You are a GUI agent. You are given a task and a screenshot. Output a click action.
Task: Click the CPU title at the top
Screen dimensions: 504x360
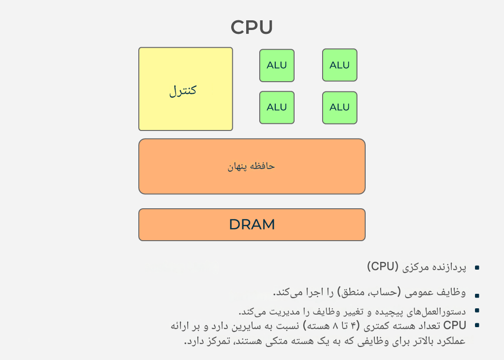point(252,27)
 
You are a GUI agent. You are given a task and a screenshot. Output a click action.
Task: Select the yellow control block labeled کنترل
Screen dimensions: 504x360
point(185,89)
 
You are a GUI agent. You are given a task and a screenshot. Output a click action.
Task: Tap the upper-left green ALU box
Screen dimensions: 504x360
point(277,65)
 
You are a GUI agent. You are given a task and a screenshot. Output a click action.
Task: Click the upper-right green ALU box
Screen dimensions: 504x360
point(340,65)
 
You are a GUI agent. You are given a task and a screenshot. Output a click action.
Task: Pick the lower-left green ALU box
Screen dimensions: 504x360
point(277,107)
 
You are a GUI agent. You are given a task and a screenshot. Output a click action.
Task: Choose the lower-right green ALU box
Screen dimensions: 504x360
point(340,108)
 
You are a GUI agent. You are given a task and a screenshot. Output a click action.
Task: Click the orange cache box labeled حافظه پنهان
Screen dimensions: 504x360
point(252,166)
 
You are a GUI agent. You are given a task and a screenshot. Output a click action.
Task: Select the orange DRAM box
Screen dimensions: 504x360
point(252,225)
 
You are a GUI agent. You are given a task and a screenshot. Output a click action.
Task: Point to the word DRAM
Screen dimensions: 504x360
point(252,225)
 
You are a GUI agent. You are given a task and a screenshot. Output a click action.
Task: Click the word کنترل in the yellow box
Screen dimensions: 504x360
point(183,90)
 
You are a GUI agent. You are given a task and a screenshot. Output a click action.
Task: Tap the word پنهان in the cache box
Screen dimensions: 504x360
point(237,167)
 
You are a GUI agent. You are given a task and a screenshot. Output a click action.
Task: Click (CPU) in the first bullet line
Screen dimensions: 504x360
point(383,267)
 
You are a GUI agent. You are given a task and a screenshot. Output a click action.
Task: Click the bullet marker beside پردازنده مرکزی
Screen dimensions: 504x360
point(477,268)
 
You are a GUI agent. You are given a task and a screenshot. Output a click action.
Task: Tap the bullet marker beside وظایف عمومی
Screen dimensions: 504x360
point(477,295)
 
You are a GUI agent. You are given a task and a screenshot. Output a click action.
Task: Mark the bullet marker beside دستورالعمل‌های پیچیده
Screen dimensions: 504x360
point(477,310)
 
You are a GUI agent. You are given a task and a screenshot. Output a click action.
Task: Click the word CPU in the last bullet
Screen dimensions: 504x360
point(455,325)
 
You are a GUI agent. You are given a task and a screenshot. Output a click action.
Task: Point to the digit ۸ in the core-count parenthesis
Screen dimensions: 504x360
point(335,326)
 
